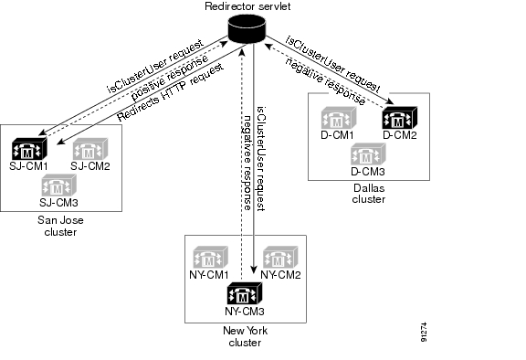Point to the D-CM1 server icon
(x=338, y=120)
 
